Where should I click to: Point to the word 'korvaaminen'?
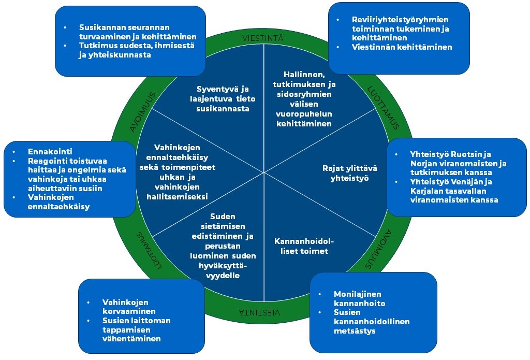128,311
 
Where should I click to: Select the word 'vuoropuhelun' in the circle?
304,114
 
